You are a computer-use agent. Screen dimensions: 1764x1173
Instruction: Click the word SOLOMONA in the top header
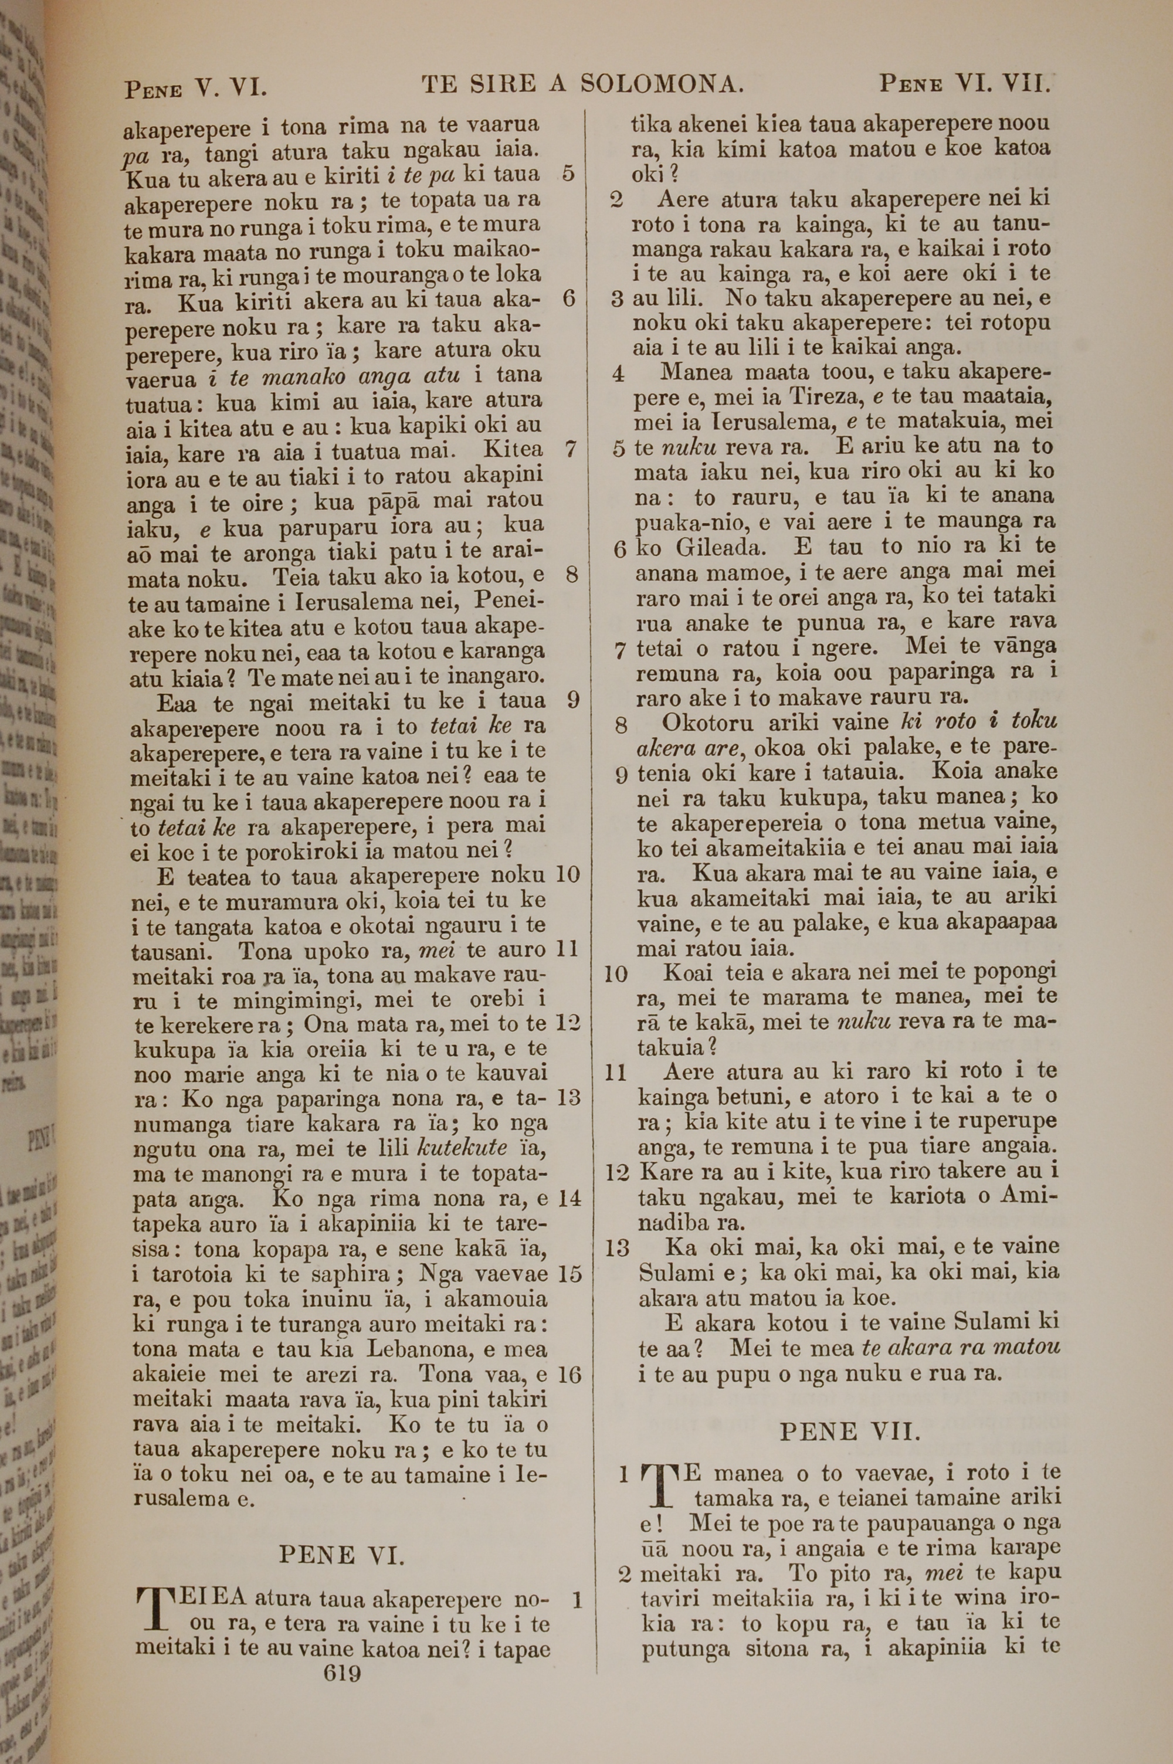662,84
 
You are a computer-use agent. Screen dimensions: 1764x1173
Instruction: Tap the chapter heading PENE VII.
848,1431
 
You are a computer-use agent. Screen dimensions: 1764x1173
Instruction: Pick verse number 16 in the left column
569,1375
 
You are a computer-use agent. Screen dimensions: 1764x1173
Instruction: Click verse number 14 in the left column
569,1199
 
